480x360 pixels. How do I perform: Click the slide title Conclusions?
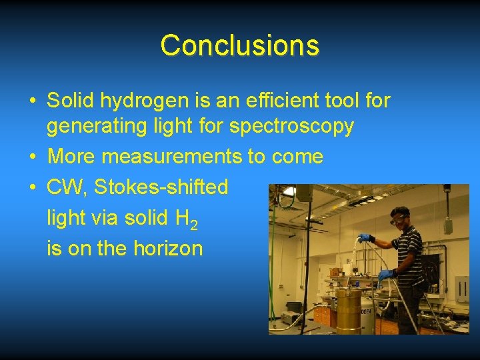pyautogui.click(x=240, y=45)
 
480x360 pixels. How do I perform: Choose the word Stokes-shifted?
pyautogui.click(x=161, y=187)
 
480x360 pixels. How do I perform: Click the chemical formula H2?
pyautogui.click(x=186, y=219)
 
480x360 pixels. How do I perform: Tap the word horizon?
pyautogui.click(x=169, y=249)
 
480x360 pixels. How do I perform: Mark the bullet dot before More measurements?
pyautogui.click(x=33, y=157)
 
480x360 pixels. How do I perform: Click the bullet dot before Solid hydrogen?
pyautogui.click(x=33, y=102)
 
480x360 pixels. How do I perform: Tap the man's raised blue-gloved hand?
pyautogui.click(x=363, y=237)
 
